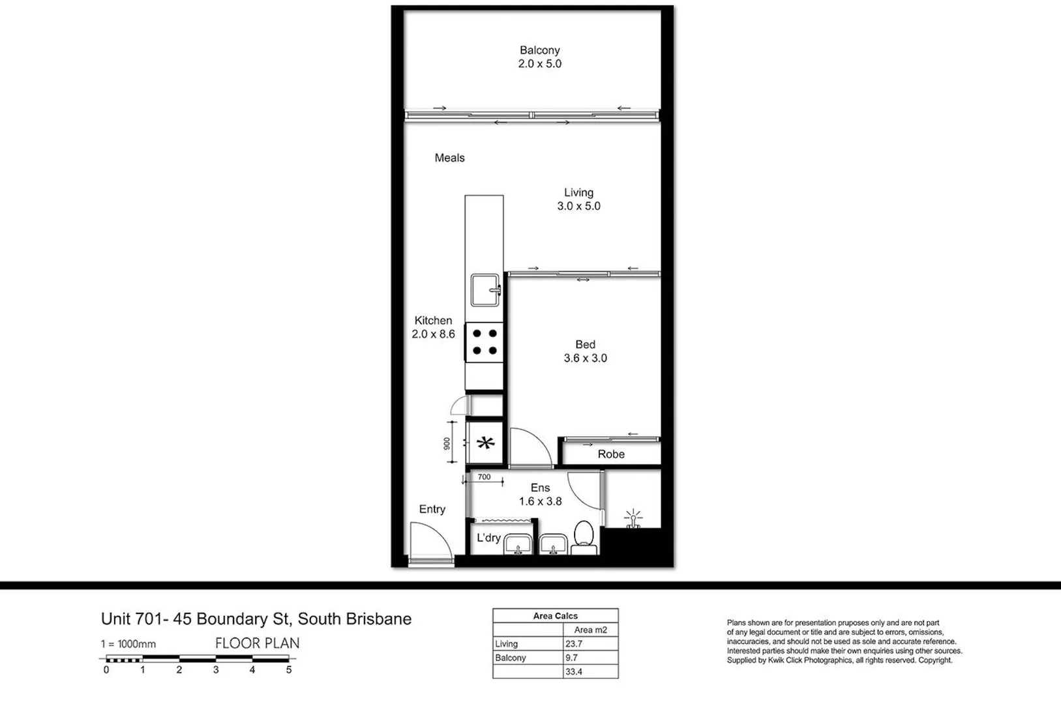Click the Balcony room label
tap(539, 50)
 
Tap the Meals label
tap(449, 158)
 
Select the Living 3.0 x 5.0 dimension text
tap(578, 206)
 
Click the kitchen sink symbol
tap(485, 290)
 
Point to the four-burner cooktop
tap(484, 342)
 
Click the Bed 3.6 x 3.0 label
tap(585, 351)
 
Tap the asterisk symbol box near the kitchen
tap(485, 443)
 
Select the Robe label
tap(611, 454)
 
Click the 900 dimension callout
tap(447, 443)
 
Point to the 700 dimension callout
tap(484, 477)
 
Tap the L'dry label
tap(488, 538)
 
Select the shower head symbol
tap(633, 520)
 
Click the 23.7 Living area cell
tap(575, 643)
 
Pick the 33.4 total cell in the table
tap(575, 671)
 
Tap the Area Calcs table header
tap(555, 615)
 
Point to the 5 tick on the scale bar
tap(289, 669)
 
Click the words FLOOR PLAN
tap(258, 643)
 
